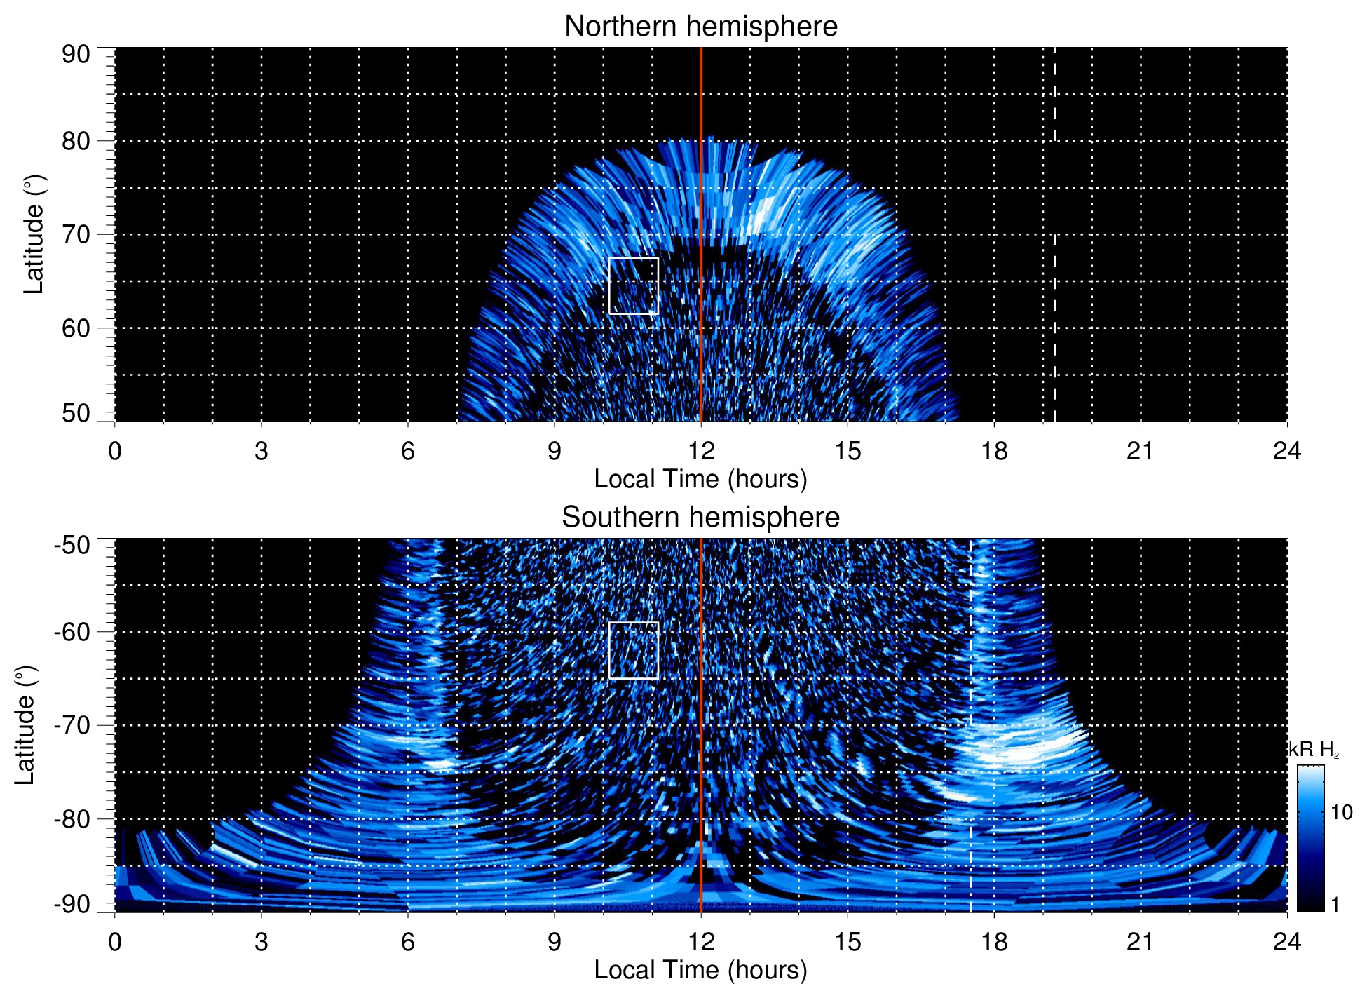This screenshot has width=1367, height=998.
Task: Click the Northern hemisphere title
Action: point(700,27)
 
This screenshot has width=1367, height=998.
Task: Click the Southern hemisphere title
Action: point(700,518)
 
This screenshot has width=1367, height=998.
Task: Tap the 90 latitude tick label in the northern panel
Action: point(76,55)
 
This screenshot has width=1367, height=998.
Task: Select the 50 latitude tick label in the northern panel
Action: point(76,414)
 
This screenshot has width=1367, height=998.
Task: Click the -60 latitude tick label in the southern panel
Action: point(72,631)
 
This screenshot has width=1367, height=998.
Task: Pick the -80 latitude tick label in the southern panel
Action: point(72,818)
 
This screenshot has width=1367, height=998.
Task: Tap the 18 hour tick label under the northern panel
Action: point(994,451)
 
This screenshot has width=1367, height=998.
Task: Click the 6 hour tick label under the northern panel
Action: point(408,451)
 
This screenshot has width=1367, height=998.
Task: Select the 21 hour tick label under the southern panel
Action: point(1141,942)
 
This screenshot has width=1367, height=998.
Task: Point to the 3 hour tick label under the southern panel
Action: point(261,942)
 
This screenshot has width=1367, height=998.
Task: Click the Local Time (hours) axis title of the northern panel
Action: point(700,479)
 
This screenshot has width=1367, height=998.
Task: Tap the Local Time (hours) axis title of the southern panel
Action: point(700,970)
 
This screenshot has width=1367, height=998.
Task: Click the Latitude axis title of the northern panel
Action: point(34,234)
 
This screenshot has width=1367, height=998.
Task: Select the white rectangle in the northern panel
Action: point(634,286)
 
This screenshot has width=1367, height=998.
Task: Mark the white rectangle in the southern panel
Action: point(634,650)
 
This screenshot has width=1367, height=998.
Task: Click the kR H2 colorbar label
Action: point(1315,750)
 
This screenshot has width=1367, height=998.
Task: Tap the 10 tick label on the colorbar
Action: point(1341,813)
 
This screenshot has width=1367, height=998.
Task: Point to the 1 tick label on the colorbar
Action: point(1335,905)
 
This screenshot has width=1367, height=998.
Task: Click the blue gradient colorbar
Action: point(1310,838)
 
